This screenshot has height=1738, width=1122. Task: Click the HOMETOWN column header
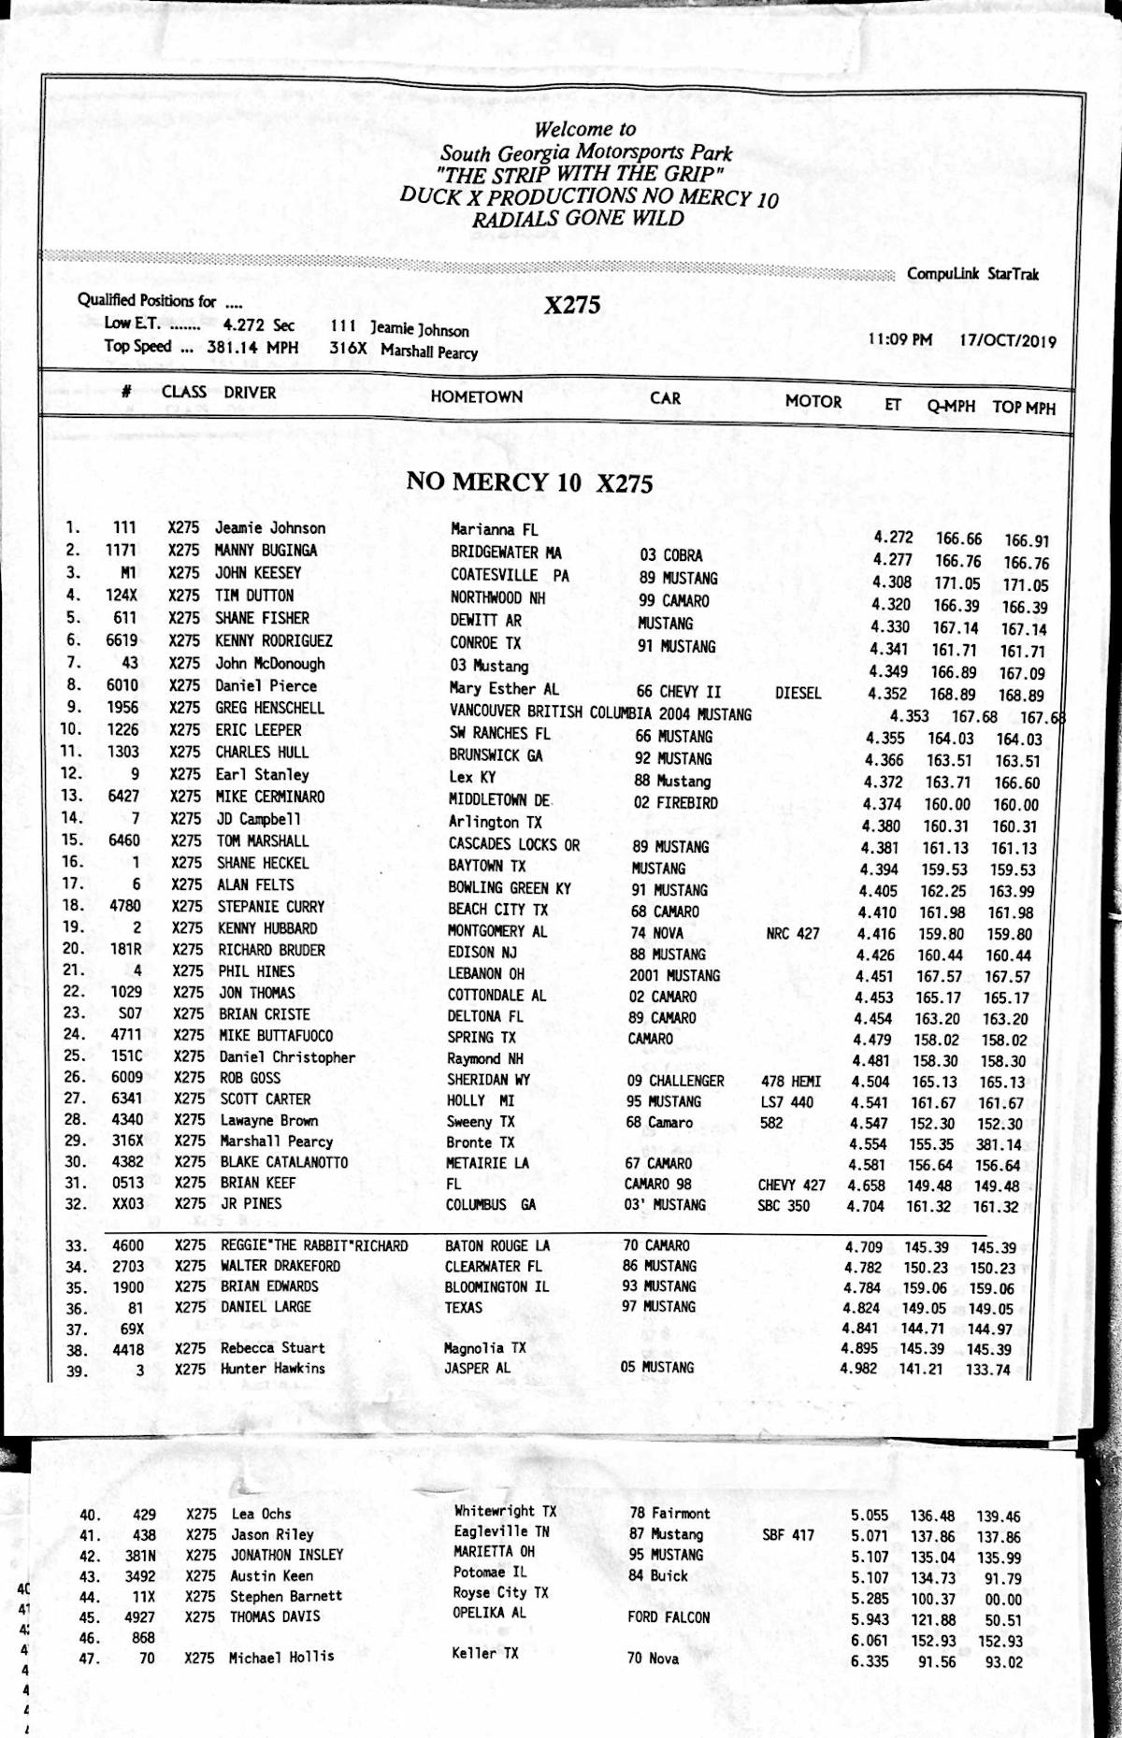pos(476,396)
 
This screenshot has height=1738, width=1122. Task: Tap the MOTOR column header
pos(813,401)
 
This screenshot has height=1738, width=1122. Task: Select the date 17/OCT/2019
pos(1007,340)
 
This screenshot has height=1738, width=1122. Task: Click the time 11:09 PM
pos(899,338)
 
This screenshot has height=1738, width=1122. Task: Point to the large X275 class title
pos(572,306)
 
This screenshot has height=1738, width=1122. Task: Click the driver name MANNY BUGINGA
pos(266,550)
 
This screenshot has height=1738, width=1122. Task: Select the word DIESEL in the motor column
pos(798,693)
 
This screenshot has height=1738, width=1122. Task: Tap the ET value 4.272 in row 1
pos(893,538)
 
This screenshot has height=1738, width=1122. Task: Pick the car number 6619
pos(122,640)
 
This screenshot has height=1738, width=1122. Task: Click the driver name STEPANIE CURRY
pos(270,906)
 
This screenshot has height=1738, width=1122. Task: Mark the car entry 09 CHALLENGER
pos(675,1081)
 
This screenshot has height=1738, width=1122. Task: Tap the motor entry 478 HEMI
pos(791,1082)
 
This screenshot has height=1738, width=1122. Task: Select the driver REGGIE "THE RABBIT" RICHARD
pos(314,1245)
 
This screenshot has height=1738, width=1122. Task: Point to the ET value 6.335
pos(870,1660)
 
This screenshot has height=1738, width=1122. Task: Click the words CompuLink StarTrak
pos(972,274)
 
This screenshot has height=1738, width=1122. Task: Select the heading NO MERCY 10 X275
pos(529,482)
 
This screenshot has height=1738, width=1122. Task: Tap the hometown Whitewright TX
pos(505,1510)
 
